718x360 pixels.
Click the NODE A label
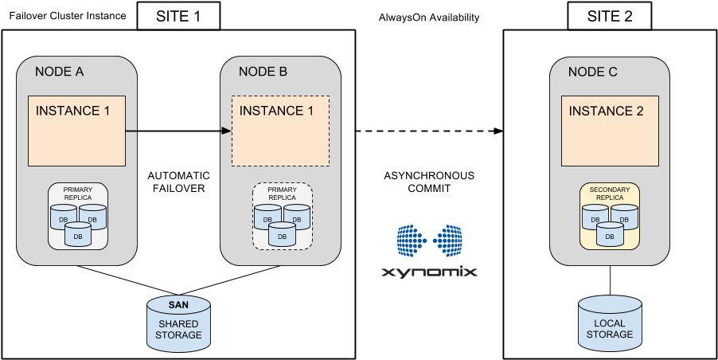60,72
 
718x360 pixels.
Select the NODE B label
263,72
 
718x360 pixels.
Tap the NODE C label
592,72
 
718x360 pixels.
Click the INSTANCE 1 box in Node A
77,131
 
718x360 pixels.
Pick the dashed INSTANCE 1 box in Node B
280,131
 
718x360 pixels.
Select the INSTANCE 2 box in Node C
610,131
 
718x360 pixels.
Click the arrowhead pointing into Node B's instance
226,131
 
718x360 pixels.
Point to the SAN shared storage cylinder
179,323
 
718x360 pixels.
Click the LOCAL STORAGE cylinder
610,323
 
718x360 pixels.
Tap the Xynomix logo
430,251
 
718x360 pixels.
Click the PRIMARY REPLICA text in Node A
78,194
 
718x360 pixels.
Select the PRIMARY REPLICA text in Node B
282,194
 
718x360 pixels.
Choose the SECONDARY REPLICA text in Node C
610,194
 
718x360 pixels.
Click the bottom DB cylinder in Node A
78,235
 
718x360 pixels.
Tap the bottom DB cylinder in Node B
282,235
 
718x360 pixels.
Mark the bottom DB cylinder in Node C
610,235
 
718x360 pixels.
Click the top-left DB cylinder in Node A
62,217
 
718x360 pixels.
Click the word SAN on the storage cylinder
179,305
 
